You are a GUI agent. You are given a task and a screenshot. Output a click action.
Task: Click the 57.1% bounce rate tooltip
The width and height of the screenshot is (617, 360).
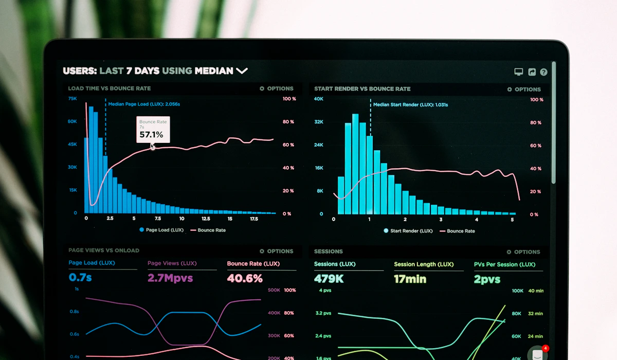[153, 130]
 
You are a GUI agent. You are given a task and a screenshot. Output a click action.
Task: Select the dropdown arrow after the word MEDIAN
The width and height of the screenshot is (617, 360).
[242, 71]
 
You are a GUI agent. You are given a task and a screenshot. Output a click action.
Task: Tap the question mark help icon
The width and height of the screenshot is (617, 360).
[543, 73]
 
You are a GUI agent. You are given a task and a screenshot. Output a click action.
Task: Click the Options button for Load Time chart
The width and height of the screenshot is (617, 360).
[276, 88]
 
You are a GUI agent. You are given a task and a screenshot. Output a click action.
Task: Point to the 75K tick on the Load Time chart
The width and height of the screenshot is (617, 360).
[72, 98]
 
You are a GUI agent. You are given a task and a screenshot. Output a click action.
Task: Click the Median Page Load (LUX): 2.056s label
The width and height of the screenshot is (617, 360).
[144, 104]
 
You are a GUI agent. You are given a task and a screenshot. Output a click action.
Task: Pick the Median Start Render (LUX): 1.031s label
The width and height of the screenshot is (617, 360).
[410, 105]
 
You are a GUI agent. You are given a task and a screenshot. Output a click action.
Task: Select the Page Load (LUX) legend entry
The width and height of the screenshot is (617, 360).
[161, 230]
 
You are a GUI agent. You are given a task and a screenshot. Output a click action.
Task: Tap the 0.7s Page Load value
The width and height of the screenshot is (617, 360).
[80, 278]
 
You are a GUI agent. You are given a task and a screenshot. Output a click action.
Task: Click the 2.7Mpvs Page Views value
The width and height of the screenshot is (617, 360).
[170, 278]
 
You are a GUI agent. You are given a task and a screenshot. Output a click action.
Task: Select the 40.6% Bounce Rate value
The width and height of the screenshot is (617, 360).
[245, 278]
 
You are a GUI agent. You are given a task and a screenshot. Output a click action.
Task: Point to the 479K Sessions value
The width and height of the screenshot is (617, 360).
[329, 279]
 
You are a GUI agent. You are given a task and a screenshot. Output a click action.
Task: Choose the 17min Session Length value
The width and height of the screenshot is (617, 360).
[410, 279]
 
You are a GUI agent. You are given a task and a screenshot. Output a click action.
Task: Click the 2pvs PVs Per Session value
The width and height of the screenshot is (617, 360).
[487, 279]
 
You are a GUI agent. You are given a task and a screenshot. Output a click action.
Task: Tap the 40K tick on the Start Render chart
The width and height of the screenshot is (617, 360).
[319, 99]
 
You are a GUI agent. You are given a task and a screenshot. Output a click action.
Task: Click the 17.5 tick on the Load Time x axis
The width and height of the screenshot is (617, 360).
[254, 219]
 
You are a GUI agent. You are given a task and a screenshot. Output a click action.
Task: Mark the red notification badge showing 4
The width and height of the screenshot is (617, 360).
[545, 348]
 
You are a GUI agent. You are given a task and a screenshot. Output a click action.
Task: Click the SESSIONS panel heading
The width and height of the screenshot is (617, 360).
[328, 251]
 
